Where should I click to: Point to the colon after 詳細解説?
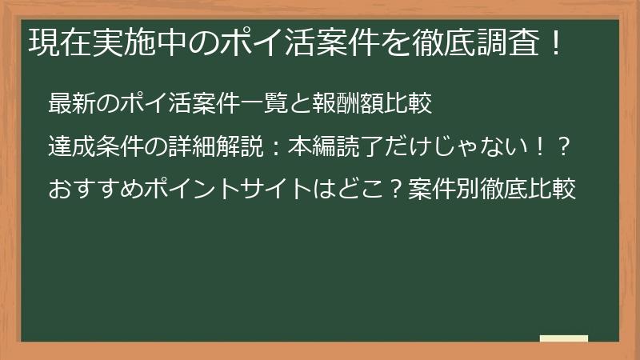coord(275,147)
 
